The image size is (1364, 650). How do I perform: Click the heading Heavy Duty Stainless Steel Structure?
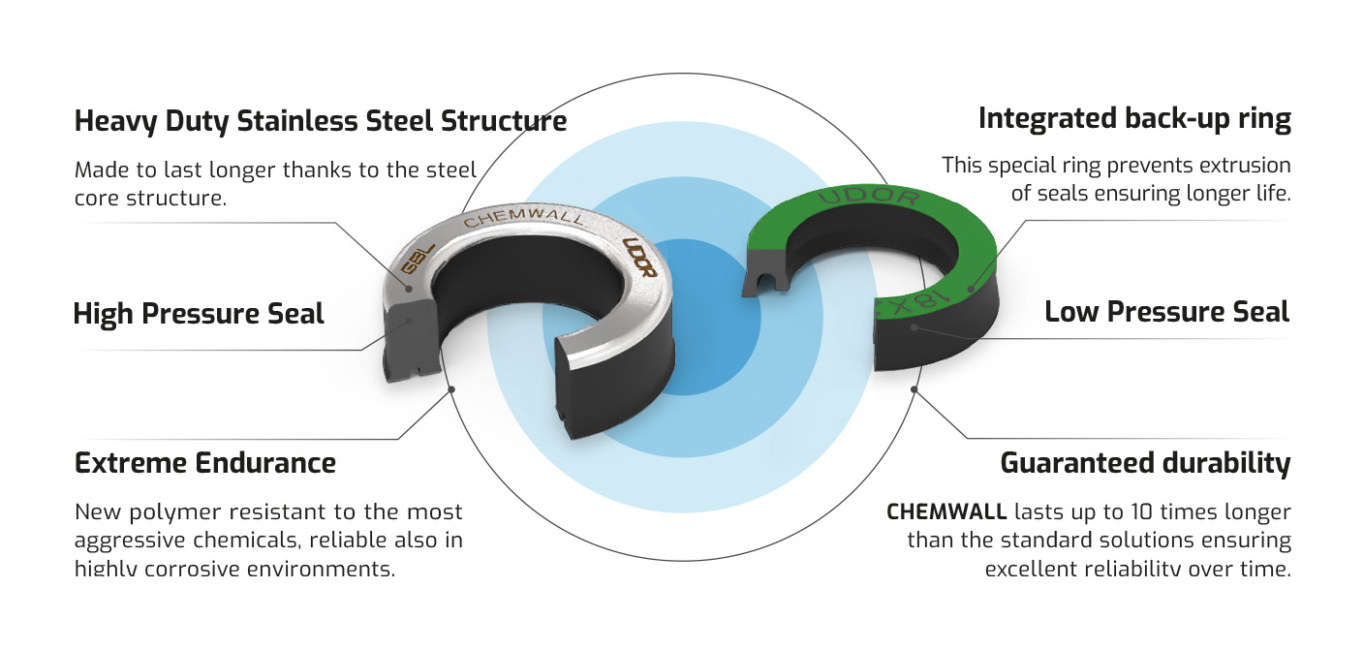[321, 122]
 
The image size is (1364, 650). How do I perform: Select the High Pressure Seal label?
[199, 314]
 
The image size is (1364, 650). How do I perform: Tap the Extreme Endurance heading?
[205, 463]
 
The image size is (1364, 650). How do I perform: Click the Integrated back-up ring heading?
[1134, 119]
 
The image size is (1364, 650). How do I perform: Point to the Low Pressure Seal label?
[1166, 312]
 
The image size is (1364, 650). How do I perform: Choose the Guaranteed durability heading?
[1145, 463]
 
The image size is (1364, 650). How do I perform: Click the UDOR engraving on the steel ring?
[640, 259]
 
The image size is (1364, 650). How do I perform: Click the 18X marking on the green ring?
[917, 299]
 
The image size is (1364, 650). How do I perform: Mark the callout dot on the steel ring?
[410, 288]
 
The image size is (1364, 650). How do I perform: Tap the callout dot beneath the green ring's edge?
[915, 328]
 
